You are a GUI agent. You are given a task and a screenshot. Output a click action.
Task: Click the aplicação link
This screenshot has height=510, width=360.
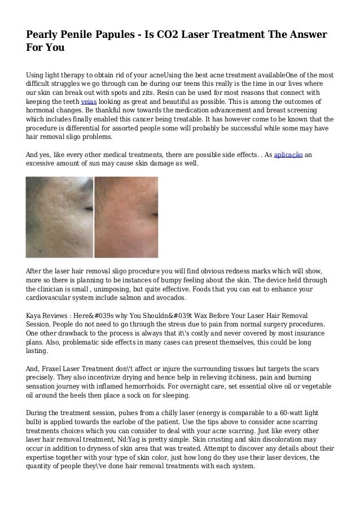287,153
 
